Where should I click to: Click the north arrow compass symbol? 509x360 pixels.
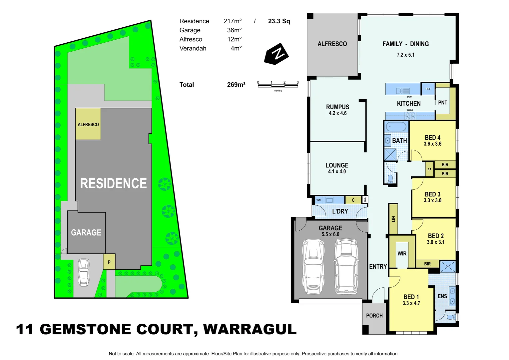point(276,54)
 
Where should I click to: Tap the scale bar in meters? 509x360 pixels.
point(278,86)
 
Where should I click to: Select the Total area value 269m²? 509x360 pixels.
point(236,85)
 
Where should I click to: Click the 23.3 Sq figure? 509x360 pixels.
point(279,21)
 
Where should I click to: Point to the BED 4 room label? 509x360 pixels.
point(432,138)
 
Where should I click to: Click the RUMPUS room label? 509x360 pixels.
point(337,107)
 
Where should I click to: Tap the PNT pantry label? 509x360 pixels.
point(442,103)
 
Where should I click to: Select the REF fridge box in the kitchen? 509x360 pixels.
point(428,89)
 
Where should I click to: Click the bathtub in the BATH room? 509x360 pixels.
point(396,127)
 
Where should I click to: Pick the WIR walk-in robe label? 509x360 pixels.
point(402,254)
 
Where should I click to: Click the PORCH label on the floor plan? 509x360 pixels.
point(374,316)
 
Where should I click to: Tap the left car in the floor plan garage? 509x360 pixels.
point(313,267)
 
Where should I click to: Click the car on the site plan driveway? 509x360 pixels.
point(84,272)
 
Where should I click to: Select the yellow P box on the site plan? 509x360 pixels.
point(109,262)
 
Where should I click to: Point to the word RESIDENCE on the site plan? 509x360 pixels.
point(113,184)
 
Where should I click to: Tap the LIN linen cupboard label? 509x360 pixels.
point(393,219)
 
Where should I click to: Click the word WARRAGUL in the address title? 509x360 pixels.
point(250,329)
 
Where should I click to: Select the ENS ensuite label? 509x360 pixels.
point(442,296)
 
